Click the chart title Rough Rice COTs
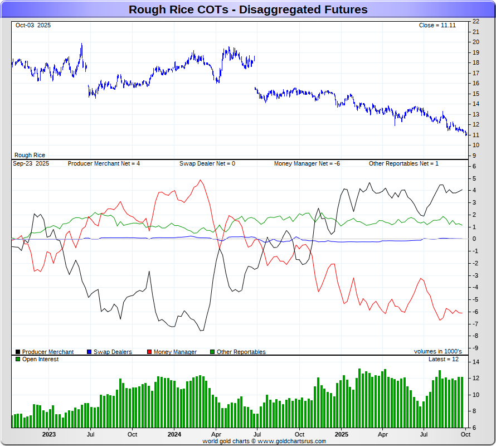[248, 9]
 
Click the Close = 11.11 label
[437, 26]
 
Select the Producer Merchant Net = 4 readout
[104, 163]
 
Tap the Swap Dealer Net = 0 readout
[207, 163]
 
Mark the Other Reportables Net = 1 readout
[403, 163]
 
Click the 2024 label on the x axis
[174, 434]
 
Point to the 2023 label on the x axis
[49, 434]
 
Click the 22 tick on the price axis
[475, 21]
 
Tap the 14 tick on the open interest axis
[475, 362]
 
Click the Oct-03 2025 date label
[32, 26]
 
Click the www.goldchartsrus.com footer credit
[264, 441]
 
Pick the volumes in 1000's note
[437, 352]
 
